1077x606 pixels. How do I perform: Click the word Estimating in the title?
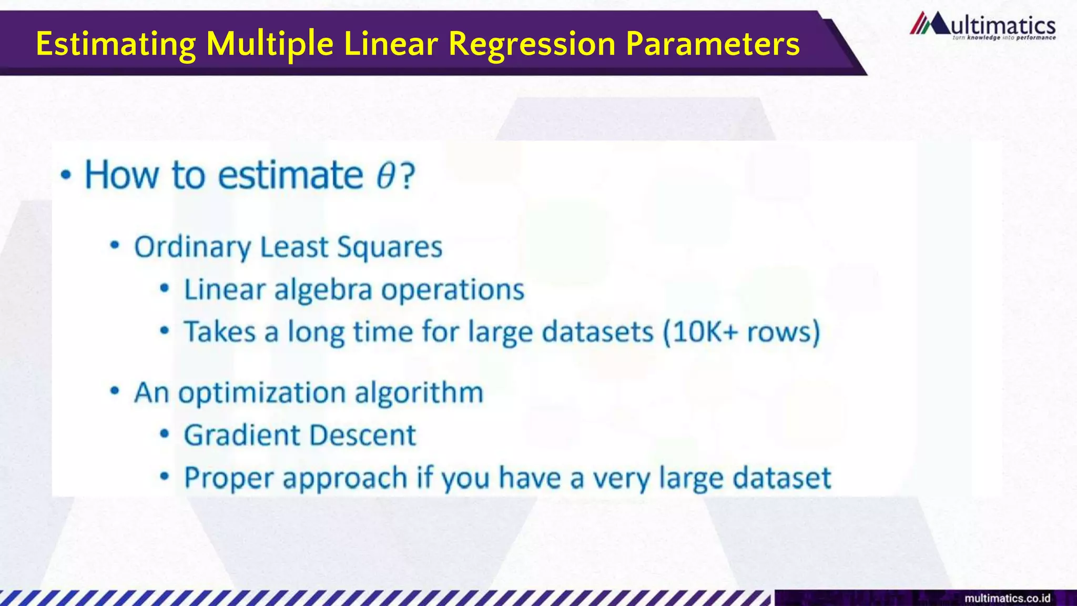click(x=115, y=44)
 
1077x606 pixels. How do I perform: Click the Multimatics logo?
click(x=982, y=26)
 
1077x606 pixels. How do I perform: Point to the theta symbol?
click(x=385, y=176)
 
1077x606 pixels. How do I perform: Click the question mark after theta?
click(x=408, y=176)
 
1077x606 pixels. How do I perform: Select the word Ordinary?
click(x=192, y=247)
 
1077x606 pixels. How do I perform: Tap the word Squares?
click(x=390, y=247)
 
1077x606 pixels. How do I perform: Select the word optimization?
click(x=262, y=393)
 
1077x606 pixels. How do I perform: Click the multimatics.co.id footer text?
click(x=1007, y=598)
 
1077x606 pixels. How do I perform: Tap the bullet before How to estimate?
click(x=66, y=175)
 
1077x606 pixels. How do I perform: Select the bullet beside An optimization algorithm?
click(x=115, y=391)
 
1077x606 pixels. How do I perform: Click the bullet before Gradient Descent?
click(x=165, y=435)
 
